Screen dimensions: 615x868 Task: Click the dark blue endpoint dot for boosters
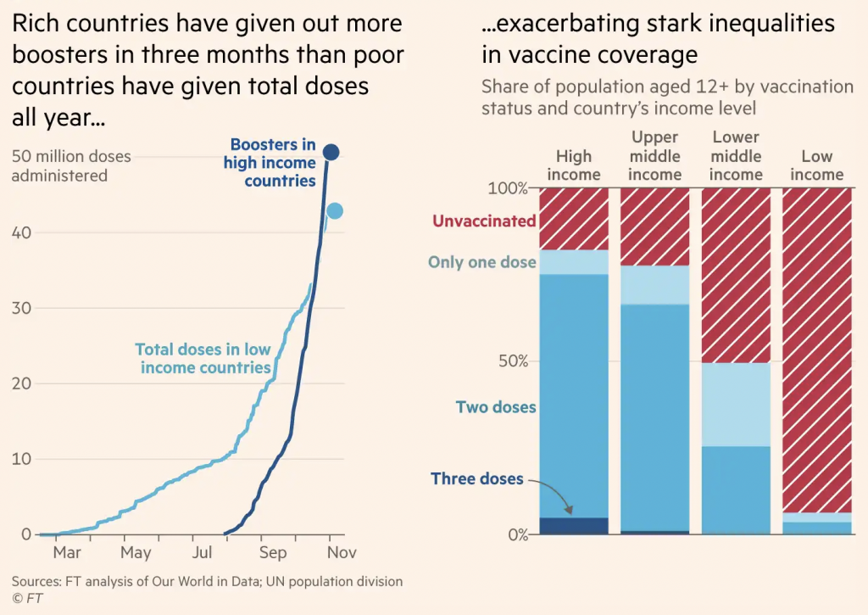[331, 153]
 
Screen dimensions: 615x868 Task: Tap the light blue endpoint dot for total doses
[335, 211]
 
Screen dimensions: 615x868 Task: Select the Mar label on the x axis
[66, 553]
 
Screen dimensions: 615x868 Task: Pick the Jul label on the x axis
[202, 553]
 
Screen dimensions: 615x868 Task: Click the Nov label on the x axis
[342, 553]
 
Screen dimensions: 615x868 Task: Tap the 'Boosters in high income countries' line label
[270, 163]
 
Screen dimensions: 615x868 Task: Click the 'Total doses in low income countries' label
[203, 359]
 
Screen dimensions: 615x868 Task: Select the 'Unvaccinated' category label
[484, 221]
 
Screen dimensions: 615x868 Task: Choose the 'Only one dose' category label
[481, 262]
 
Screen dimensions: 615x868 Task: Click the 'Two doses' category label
[496, 407]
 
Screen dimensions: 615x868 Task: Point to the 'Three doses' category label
[477, 479]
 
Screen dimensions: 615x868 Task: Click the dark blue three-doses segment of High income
[574, 526]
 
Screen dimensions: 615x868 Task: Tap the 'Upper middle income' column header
[654, 156]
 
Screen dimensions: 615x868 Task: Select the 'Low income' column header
[817, 165]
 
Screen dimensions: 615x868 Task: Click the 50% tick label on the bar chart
[512, 361]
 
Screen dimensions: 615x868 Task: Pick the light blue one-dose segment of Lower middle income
[736, 405]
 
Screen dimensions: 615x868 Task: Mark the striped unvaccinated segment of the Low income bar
[817, 348]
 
